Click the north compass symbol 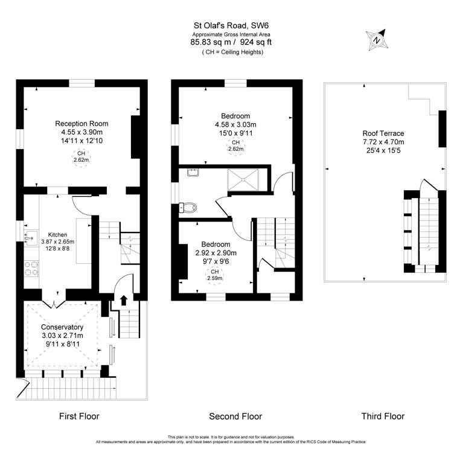pos(377,40)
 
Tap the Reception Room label pos(81,124)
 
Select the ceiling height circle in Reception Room pos(81,157)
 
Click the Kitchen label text pos(58,235)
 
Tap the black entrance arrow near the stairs pos(124,299)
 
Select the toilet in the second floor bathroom pos(189,207)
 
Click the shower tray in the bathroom pos(244,179)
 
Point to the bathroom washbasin pos(193,174)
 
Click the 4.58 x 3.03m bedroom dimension pos(235,124)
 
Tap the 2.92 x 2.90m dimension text pos(215,253)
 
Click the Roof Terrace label pos(383,133)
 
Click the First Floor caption pos(79,416)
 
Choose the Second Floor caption pos(235,416)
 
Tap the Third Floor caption pos(383,416)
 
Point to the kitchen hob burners pos(29,269)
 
